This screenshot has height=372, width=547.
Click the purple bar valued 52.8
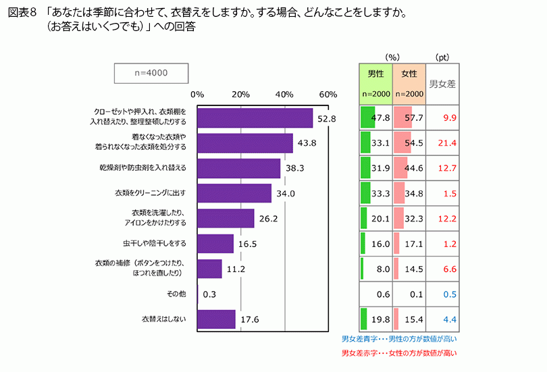pyautogui.click(x=255, y=118)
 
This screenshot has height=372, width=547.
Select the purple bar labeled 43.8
pyautogui.click(x=245, y=143)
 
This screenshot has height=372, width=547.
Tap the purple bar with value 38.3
pyautogui.click(x=238, y=168)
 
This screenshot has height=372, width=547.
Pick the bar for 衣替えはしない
pyautogui.click(x=216, y=319)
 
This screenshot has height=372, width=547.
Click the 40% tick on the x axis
pyautogui.click(x=284, y=95)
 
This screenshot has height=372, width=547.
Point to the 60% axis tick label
pyautogui.click(x=328, y=95)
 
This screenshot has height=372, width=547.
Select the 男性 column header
pyautogui.click(x=375, y=74)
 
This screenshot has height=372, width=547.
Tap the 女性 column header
pyautogui.click(x=409, y=74)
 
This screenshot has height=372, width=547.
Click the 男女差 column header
pyautogui.click(x=442, y=84)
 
